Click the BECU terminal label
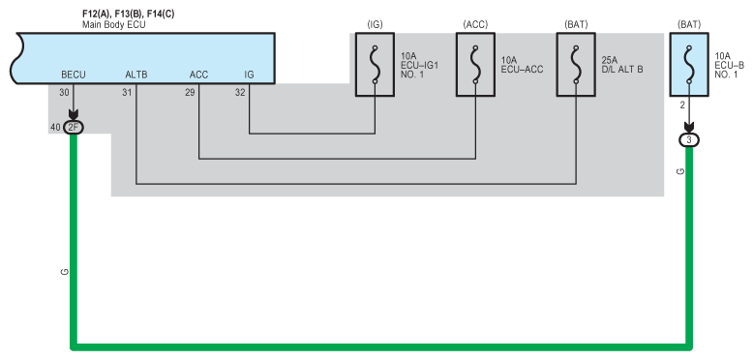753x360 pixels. click(74, 75)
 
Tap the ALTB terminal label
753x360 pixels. click(136, 75)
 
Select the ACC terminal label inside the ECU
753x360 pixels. click(198, 75)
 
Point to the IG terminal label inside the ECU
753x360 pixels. click(249, 75)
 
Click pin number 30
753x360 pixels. click(64, 92)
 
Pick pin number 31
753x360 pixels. click(127, 92)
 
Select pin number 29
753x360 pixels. click(190, 92)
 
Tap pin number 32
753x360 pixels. click(240, 92)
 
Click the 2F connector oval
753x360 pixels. click(74, 128)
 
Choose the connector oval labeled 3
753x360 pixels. click(689, 140)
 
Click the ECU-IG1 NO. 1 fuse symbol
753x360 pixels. click(375, 65)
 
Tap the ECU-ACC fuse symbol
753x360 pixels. click(475, 65)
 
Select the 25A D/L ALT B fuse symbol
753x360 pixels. click(576, 65)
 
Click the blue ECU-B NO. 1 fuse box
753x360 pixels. click(689, 65)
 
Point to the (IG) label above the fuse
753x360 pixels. click(375, 25)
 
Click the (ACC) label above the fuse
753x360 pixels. click(475, 25)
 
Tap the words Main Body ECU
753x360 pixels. click(114, 24)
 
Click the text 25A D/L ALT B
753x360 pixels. click(622, 65)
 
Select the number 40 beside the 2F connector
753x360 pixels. click(55, 128)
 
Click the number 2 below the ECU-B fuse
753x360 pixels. click(682, 105)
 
